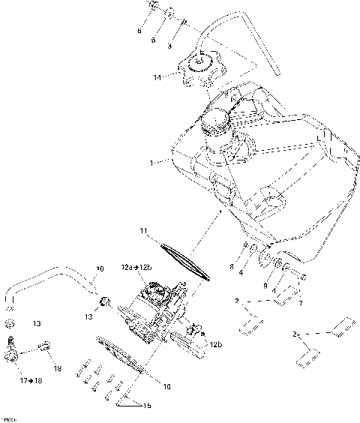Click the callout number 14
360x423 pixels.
pyautogui.click(x=157, y=77)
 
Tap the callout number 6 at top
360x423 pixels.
pyautogui.click(x=139, y=31)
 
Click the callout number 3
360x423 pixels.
pyautogui.click(x=169, y=46)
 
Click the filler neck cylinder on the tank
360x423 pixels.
pyautogui.click(x=218, y=125)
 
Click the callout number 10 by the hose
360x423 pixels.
pyautogui.click(x=100, y=268)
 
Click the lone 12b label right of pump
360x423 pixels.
pyautogui.click(x=215, y=344)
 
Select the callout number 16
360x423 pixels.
pyautogui.click(x=166, y=387)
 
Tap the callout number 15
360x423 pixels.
pyautogui.click(x=146, y=406)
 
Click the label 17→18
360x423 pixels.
pyautogui.click(x=30, y=381)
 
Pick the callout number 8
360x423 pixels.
pyautogui.click(x=232, y=266)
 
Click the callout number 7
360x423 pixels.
pyautogui.click(x=300, y=303)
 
